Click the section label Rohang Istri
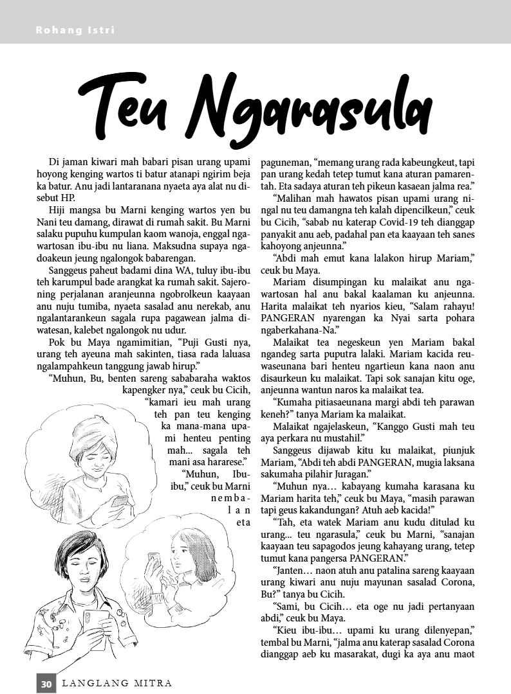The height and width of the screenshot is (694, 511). pyautogui.click(x=67, y=30)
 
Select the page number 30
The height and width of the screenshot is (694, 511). pyautogui.click(x=46, y=684)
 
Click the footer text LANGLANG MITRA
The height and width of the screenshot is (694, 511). pyautogui.click(x=116, y=684)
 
